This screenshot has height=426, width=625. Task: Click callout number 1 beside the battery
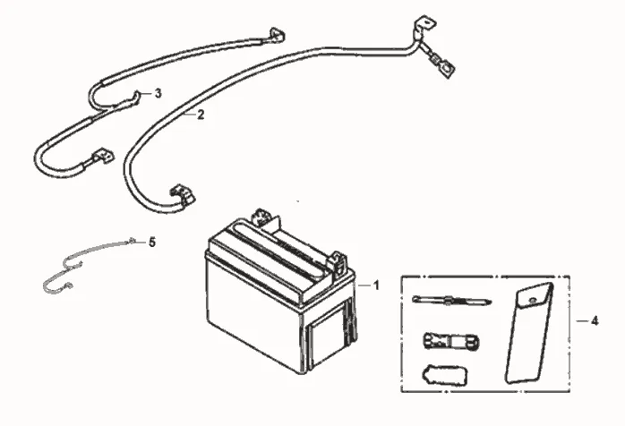coord(376,285)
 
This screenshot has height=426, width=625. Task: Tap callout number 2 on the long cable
coord(201,115)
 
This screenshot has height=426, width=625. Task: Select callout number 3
coord(158,93)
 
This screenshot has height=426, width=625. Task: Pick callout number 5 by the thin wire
coord(152,242)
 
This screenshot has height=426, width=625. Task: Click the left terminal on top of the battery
coord(262,217)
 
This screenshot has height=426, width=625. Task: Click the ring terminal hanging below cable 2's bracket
coord(443,65)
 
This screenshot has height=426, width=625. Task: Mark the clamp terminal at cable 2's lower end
coord(182,194)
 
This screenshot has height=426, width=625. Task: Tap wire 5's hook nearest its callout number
coord(132,240)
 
